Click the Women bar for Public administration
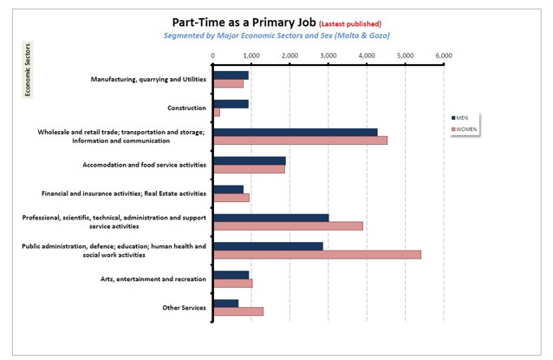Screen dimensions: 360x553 click(x=316, y=254)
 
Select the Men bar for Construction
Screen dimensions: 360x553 click(x=231, y=104)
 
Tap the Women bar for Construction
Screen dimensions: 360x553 click(x=217, y=113)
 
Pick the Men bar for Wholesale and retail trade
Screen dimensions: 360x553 click(x=295, y=132)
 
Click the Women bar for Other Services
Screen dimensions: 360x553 click(x=237, y=311)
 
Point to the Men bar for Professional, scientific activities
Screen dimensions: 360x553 click(x=270, y=218)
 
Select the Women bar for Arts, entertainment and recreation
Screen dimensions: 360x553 click(x=232, y=283)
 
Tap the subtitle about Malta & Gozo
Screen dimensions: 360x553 click(x=276, y=36)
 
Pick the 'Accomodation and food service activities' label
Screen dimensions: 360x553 click(x=145, y=164)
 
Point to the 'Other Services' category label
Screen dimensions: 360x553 click(x=184, y=307)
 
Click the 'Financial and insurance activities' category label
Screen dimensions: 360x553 click(x=123, y=193)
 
